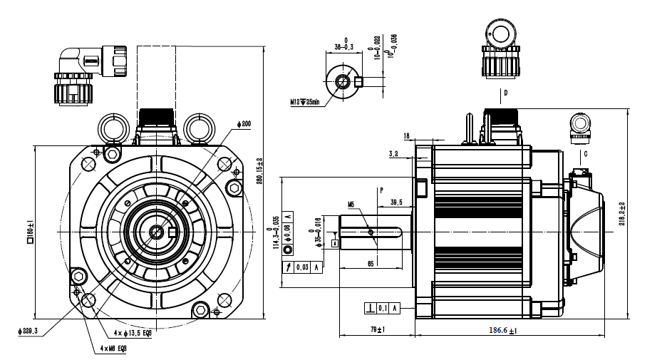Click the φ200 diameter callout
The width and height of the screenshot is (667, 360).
coord(245,123)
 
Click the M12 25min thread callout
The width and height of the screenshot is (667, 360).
coord(304,103)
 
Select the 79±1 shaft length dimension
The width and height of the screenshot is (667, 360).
coord(376,329)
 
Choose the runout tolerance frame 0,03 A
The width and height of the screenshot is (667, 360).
coord(304,267)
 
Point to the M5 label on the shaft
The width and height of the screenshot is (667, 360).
coord(351,205)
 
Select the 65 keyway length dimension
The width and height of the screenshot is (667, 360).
coord(371,264)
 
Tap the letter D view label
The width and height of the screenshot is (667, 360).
coord(505,93)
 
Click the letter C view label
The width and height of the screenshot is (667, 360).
coord(584,153)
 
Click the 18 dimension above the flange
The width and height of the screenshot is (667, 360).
coord(406,135)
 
